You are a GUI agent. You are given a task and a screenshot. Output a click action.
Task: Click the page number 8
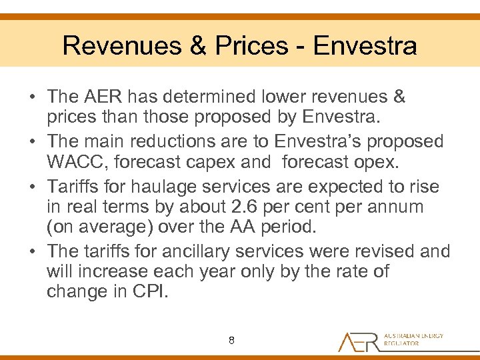pos(231,341)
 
